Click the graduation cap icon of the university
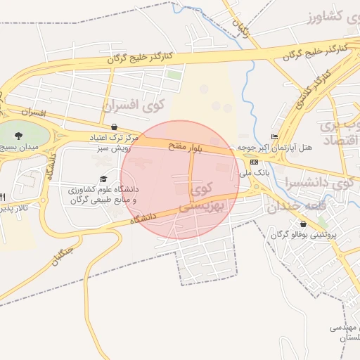(104, 179)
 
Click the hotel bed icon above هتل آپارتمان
(274, 136)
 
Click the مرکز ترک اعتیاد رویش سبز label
(115, 143)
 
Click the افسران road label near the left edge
(32, 112)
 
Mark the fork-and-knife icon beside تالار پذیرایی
(3, 196)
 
